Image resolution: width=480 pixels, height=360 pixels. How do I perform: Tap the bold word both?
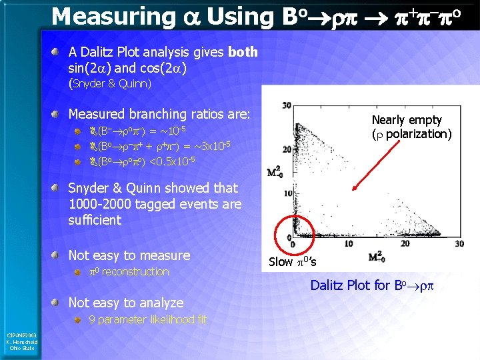(243, 52)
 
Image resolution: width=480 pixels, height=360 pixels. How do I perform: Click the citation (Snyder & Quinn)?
(110, 84)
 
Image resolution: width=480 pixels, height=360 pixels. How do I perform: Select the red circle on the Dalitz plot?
(293, 231)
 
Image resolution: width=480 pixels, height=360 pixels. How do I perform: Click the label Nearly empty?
(406, 120)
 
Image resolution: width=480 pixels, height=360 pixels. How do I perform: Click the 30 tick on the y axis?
(285, 106)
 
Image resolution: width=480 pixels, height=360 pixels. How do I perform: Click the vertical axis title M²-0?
(274, 173)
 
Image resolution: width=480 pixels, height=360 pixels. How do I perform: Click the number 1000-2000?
(99, 204)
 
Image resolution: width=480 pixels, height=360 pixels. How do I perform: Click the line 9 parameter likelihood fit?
(147, 320)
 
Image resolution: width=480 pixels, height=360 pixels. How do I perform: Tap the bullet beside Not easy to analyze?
(61, 302)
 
